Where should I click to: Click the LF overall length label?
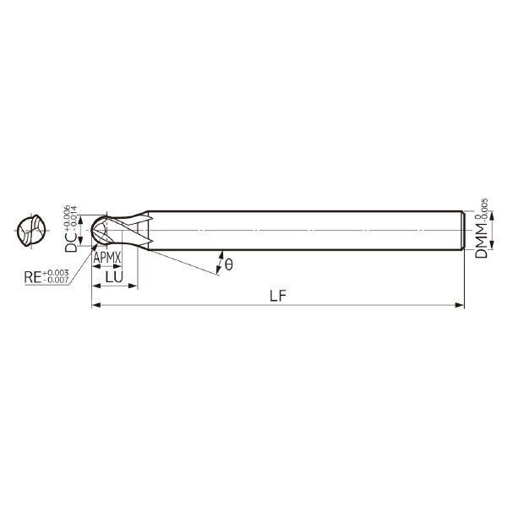click(x=276, y=296)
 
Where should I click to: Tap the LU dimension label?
click(x=113, y=275)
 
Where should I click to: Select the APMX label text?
click(x=107, y=256)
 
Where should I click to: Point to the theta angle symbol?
click(x=228, y=265)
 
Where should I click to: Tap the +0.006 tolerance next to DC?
click(x=65, y=211)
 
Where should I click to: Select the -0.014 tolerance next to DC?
click(x=74, y=213)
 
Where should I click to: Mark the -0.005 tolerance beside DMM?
click(x=484, y=209)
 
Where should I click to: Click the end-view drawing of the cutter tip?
click(x=31, y=231)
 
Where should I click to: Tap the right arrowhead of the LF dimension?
click(x=460, y=305)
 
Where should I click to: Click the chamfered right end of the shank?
click(x=462, y=230)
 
